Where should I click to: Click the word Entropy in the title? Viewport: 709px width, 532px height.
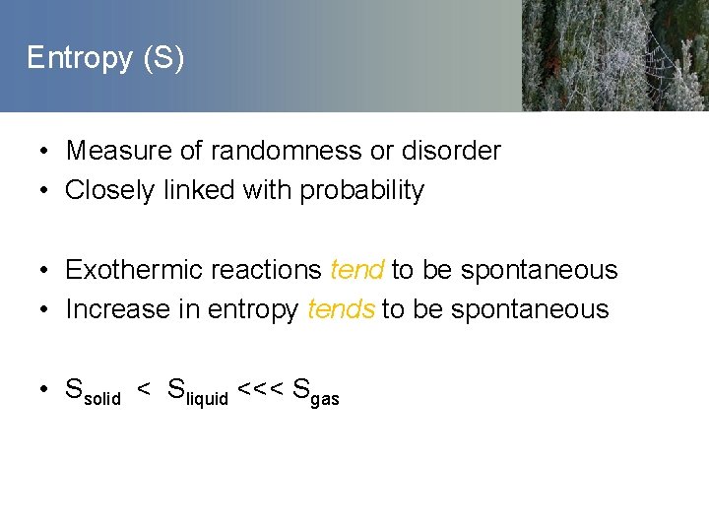pyautogui.click(x=79, y=59)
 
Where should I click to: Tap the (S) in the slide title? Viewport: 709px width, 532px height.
pyautogui.click(x=163, y=59)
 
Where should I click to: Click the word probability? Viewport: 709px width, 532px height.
pyautogui.click(x=361, y=191)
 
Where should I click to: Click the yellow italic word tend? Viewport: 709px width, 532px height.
pyautogui.click(x=356, y=270)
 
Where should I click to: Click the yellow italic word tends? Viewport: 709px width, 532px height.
pyautogui.click(x=341, y=309)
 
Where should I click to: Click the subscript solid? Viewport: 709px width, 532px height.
pyautogui.click(x=102, y=398)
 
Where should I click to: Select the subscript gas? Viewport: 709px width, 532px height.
pyautogui.click(x=325, y=399)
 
